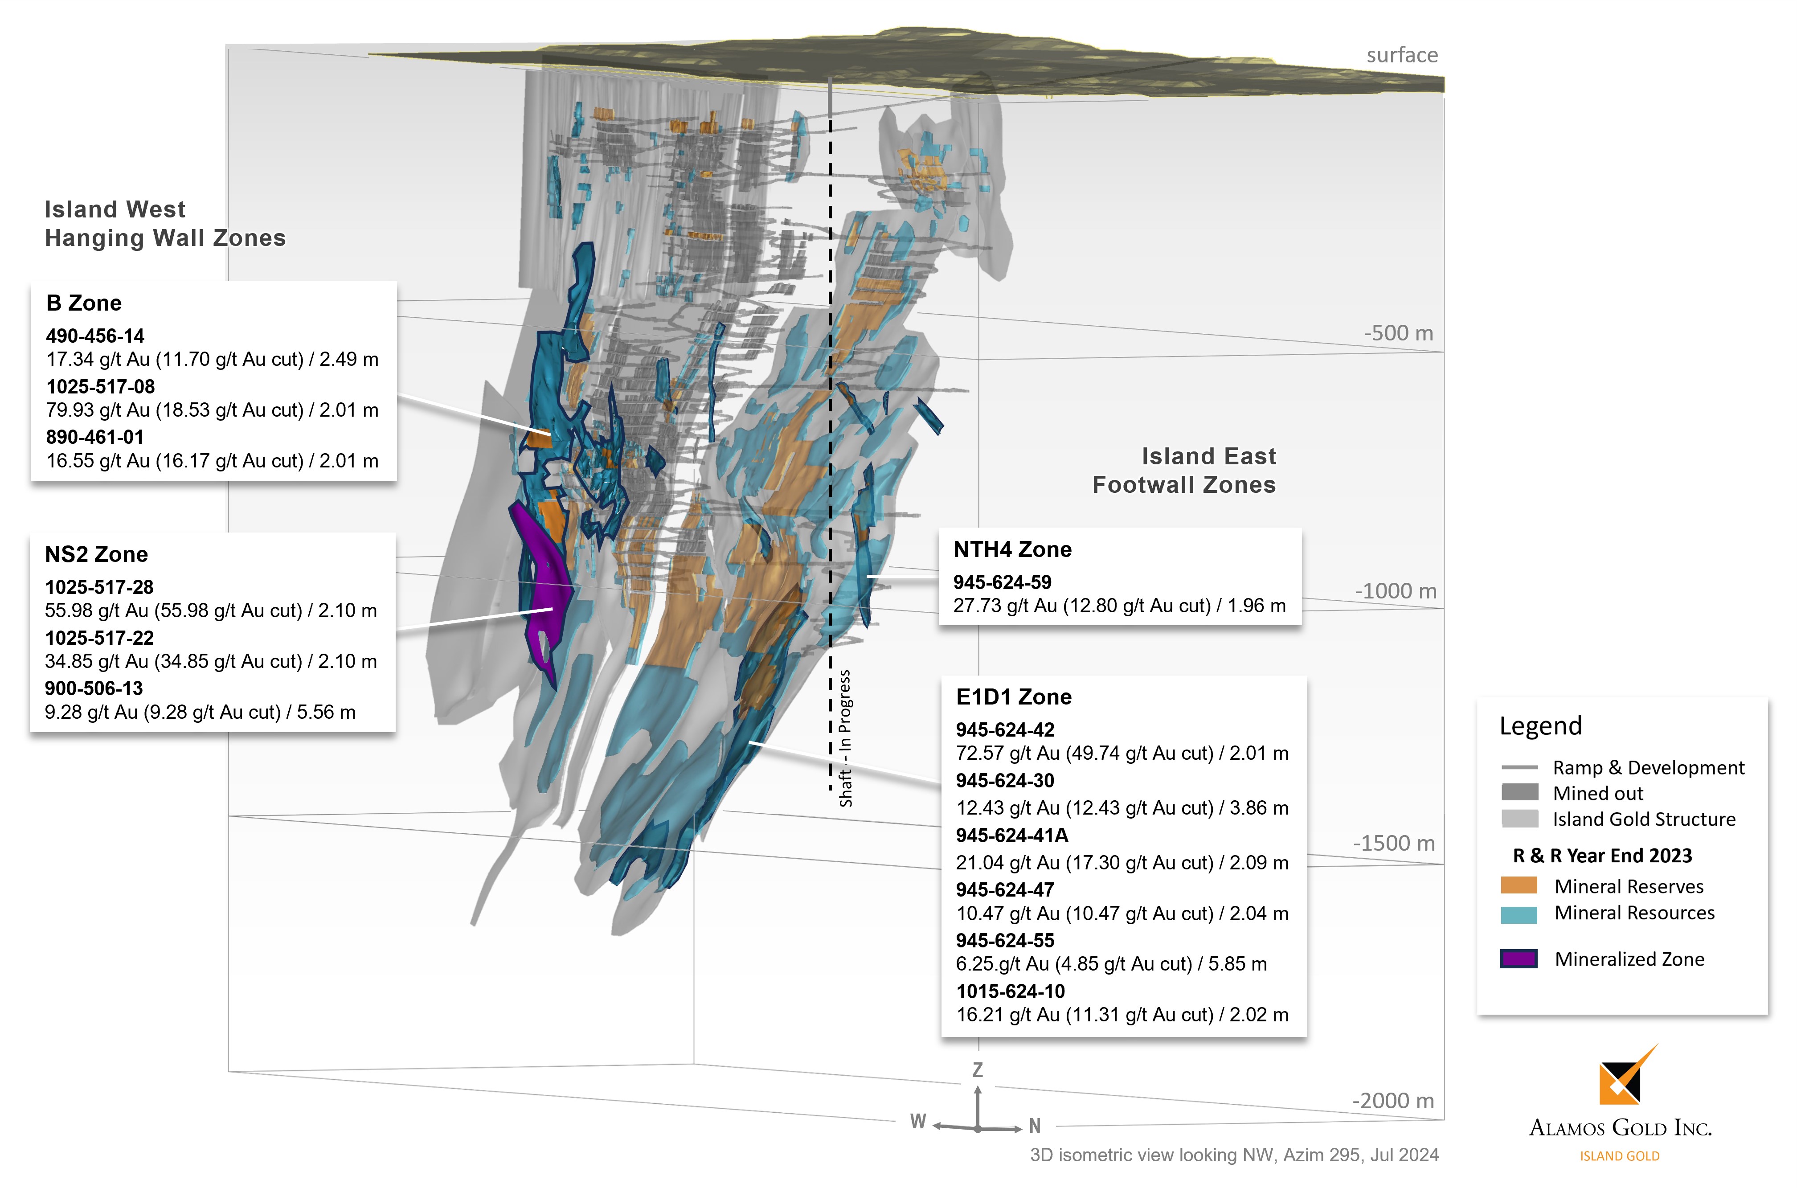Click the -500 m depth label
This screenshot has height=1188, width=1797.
(x=1398, y=333)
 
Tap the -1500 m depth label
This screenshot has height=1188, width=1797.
(x=1394, y=843)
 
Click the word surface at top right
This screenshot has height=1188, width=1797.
(x=1401, y=55)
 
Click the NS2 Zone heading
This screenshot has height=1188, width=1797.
(x=96, y=555)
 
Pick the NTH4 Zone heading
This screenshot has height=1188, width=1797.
(x=1012, y=550)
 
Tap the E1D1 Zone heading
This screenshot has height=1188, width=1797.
(x=1014, y=697)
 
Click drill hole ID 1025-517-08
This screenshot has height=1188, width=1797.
(x=100, y=387)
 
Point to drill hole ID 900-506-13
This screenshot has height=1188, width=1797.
(x=94, y=689)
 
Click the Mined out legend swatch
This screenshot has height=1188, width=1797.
(x=1519, y=792)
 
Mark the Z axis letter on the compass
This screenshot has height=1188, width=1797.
(x=977, y=1070)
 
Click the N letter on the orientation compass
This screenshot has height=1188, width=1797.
(x=1034, y=1127)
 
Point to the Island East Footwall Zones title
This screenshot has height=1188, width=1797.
(x=1183, y=471)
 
